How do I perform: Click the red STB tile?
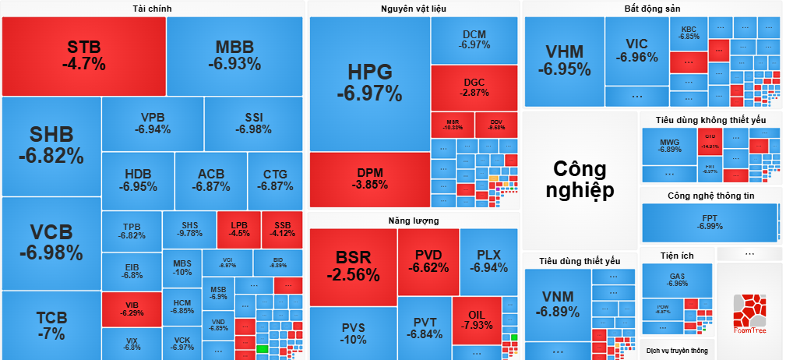pos(84,55)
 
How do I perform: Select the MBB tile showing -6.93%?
pos(234,55)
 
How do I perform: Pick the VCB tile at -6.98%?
pos(51,242)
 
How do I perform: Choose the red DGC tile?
pos(474,87)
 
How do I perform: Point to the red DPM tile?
pos(369,178)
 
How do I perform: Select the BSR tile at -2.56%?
pos(353,266)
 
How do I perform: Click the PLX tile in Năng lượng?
pos(488,261)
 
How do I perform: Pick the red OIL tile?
pos(476,319)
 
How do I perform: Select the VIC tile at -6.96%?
pos(636,51)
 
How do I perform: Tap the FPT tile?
pos(709,222)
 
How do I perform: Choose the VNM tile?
pos(557,305)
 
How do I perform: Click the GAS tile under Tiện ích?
pos(677,279)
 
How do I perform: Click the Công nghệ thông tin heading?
pos(710,196)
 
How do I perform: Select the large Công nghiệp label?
pos(583,179)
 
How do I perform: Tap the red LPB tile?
pos(238,228)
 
